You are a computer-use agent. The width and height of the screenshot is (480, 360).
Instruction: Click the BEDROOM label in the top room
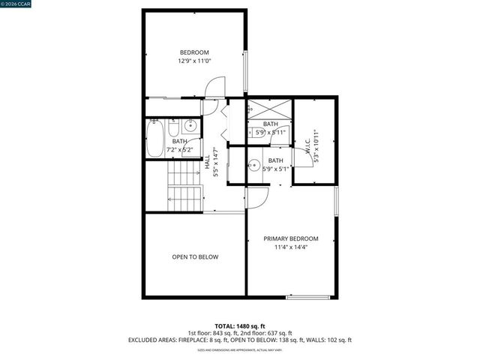point(193,52)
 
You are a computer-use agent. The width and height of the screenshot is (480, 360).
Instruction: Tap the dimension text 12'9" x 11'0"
point(193,61)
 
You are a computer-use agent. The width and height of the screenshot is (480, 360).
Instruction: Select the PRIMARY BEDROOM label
point(290,238)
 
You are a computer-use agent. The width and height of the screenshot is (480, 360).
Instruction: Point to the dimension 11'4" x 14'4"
point(290,247)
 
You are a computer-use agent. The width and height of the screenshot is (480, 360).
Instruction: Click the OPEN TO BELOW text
point(195,257)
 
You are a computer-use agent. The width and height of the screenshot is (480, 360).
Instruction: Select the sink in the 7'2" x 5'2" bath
point(190,125)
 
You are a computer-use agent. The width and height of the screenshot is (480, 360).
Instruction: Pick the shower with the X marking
point(269,108)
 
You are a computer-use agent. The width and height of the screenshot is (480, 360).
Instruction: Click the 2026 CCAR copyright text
point(17,5)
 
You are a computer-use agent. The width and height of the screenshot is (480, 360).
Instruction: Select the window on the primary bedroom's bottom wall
point(307,297)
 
